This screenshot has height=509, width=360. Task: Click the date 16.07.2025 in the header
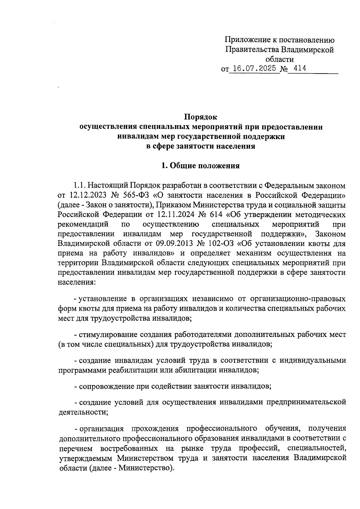[254, 69]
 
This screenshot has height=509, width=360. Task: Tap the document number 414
[299, 69]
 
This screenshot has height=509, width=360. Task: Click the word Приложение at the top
[246, 40]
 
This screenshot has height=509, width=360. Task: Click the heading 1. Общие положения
[200, 166]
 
